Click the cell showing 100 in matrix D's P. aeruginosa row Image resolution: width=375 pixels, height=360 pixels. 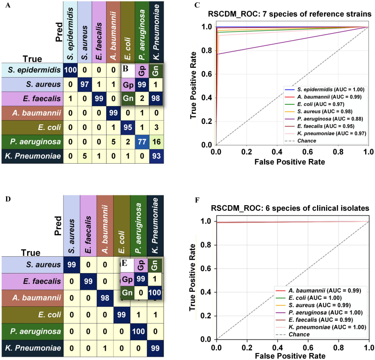[138, 331]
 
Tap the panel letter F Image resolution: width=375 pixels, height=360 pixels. [196, 201]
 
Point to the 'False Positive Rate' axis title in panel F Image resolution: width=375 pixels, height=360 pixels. [292, 356]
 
